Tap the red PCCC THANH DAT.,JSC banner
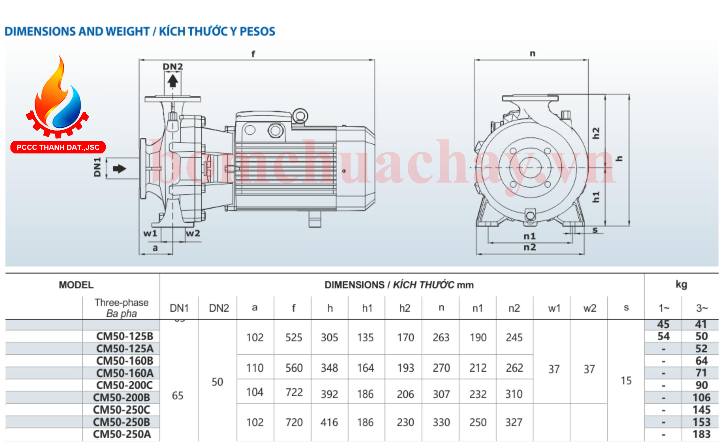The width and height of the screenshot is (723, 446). (x=58, y=147)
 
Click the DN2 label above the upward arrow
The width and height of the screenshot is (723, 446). (x=173, y=67)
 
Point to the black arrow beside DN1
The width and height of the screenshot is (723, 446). (x=119, y=169)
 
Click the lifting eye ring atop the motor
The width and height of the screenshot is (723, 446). (x=300, y=116)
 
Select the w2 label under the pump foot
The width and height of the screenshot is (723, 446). (x=193, y=233)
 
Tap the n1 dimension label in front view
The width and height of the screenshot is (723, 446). (x=529, y=236)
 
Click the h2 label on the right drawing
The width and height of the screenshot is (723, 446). (x=596, y=133)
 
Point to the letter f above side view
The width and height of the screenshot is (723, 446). (x=253, y=54)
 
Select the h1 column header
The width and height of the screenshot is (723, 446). (x=367, y=308)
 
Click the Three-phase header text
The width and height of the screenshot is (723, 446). (x=121, y=303)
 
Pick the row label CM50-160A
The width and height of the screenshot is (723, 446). (x=125, y=373)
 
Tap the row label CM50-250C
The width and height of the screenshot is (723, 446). (x=121, y=409)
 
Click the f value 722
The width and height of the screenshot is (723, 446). (x=294, y=392)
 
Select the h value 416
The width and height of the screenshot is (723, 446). (x=329, y=422)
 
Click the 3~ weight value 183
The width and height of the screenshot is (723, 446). (x=701, y=434)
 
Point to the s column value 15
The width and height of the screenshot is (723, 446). (x=626, y=381)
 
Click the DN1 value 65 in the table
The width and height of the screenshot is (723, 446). (x=178, y=396)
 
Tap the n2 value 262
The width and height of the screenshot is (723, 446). (x=514, y=368)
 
